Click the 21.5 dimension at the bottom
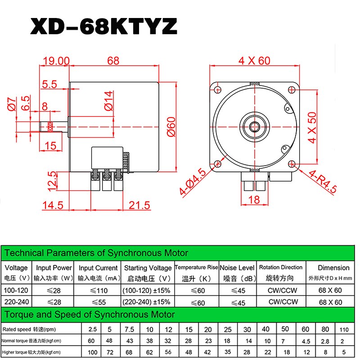(x=139, y=205)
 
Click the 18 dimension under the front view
(x=254, y=200)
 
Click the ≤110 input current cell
(x=98, y=290)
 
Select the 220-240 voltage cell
(x=16, y=302)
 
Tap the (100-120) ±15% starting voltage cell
(x=146, y=290)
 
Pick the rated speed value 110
(x=345, y=330)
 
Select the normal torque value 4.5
(x=306, y=341)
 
